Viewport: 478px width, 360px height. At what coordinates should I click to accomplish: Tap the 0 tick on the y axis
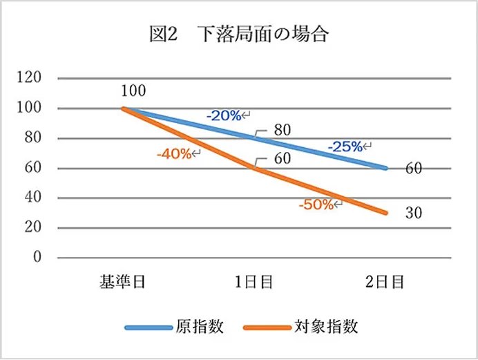point(38,258)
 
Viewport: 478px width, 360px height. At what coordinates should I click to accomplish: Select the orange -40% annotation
point(175,153)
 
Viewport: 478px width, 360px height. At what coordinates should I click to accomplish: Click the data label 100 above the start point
point(133,91)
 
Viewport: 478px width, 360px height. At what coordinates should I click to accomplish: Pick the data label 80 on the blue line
point(282,130)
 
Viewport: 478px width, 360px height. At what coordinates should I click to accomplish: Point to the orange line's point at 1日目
point(255,168)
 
